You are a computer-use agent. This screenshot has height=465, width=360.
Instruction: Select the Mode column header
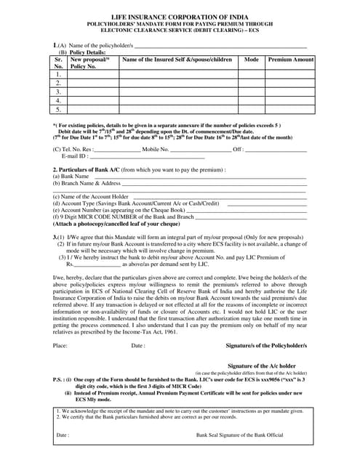click(x=252, y=60)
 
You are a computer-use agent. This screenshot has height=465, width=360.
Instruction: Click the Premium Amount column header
click(x=291, y=60)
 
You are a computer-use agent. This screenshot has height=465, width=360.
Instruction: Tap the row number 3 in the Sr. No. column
click(x=58, y=92)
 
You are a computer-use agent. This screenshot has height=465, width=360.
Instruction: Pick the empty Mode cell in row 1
click(x=252, y=74)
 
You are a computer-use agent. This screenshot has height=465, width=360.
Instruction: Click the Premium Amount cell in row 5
click(x=291, y=110)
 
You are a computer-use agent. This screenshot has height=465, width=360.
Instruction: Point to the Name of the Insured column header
click(x=178, y=60)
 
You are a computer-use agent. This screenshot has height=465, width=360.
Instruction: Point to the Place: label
click(x=60, y=346)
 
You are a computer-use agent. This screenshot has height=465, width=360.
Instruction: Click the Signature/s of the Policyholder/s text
click(x=266, y=346)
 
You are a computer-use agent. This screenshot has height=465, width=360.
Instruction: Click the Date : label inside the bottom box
click(x=63, y=436)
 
